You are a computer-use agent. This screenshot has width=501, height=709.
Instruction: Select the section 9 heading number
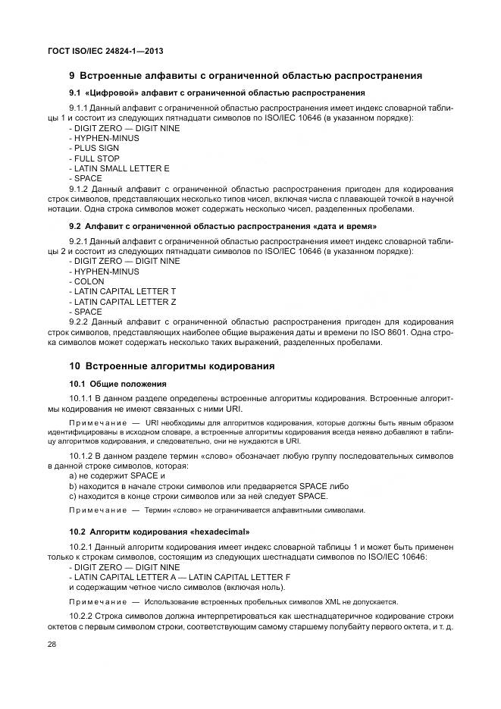coord(72,76)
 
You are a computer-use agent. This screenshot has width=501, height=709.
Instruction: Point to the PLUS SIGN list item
coord(92,148)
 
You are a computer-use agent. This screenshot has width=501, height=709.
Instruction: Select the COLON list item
coord(88,281)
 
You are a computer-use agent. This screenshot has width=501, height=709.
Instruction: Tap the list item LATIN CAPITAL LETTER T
coord(124,291)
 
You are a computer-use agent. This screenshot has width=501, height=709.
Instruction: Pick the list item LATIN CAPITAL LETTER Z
coord(124,301)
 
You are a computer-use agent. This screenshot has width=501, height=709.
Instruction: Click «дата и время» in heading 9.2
coord(342,226)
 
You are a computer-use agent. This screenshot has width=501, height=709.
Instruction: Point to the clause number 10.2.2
coord(82,615)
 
